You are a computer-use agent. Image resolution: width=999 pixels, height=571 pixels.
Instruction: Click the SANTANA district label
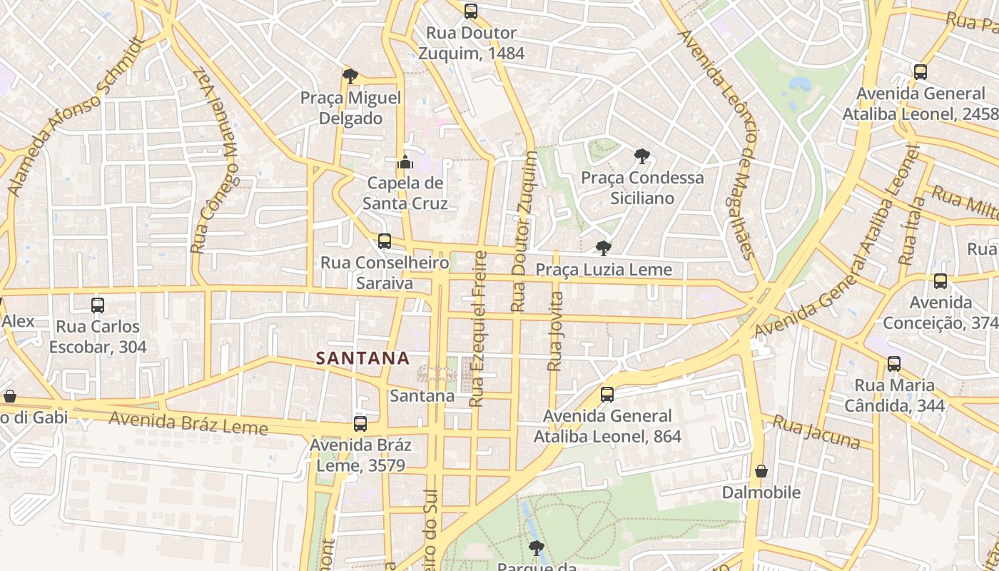click(362, 358)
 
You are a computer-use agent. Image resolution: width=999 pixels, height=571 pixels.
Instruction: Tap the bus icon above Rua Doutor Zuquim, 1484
click(470, 11)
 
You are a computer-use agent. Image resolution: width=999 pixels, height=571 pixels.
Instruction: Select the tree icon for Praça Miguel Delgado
click(350, 76)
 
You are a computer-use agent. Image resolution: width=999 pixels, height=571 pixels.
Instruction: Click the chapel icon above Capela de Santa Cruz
click(405, 162)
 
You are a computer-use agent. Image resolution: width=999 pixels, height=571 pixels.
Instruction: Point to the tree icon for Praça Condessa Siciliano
click(642, 156)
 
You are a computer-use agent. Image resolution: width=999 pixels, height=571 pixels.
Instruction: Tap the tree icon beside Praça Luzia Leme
click(603, 248)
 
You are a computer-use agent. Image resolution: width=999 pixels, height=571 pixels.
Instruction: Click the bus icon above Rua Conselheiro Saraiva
click(385, 241)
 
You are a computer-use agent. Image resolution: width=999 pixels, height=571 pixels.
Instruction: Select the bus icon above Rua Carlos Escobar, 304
click(98, 305)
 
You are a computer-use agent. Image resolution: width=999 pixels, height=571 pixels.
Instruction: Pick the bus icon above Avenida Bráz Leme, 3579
click(360, 424)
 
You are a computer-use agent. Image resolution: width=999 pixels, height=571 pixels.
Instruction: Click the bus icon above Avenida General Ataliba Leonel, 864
click(607, 394)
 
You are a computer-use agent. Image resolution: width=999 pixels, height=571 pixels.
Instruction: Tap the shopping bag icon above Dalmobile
click(761, 471)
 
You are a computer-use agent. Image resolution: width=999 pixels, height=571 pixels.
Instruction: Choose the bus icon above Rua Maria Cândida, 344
click(894, 364)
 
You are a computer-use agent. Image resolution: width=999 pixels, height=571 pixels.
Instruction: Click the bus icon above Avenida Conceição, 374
click(940, 281)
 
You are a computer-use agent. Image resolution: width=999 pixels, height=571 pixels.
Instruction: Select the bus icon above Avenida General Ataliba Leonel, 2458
click(921, 72)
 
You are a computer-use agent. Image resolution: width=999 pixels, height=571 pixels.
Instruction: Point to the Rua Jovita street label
click(555, 330)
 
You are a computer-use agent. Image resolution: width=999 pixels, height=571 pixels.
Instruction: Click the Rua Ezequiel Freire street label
click(478, 328)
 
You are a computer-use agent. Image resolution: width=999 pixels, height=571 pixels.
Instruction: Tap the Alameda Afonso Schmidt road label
click(75, 117)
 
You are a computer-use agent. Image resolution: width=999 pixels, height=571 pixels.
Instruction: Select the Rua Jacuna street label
click(816, 433)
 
